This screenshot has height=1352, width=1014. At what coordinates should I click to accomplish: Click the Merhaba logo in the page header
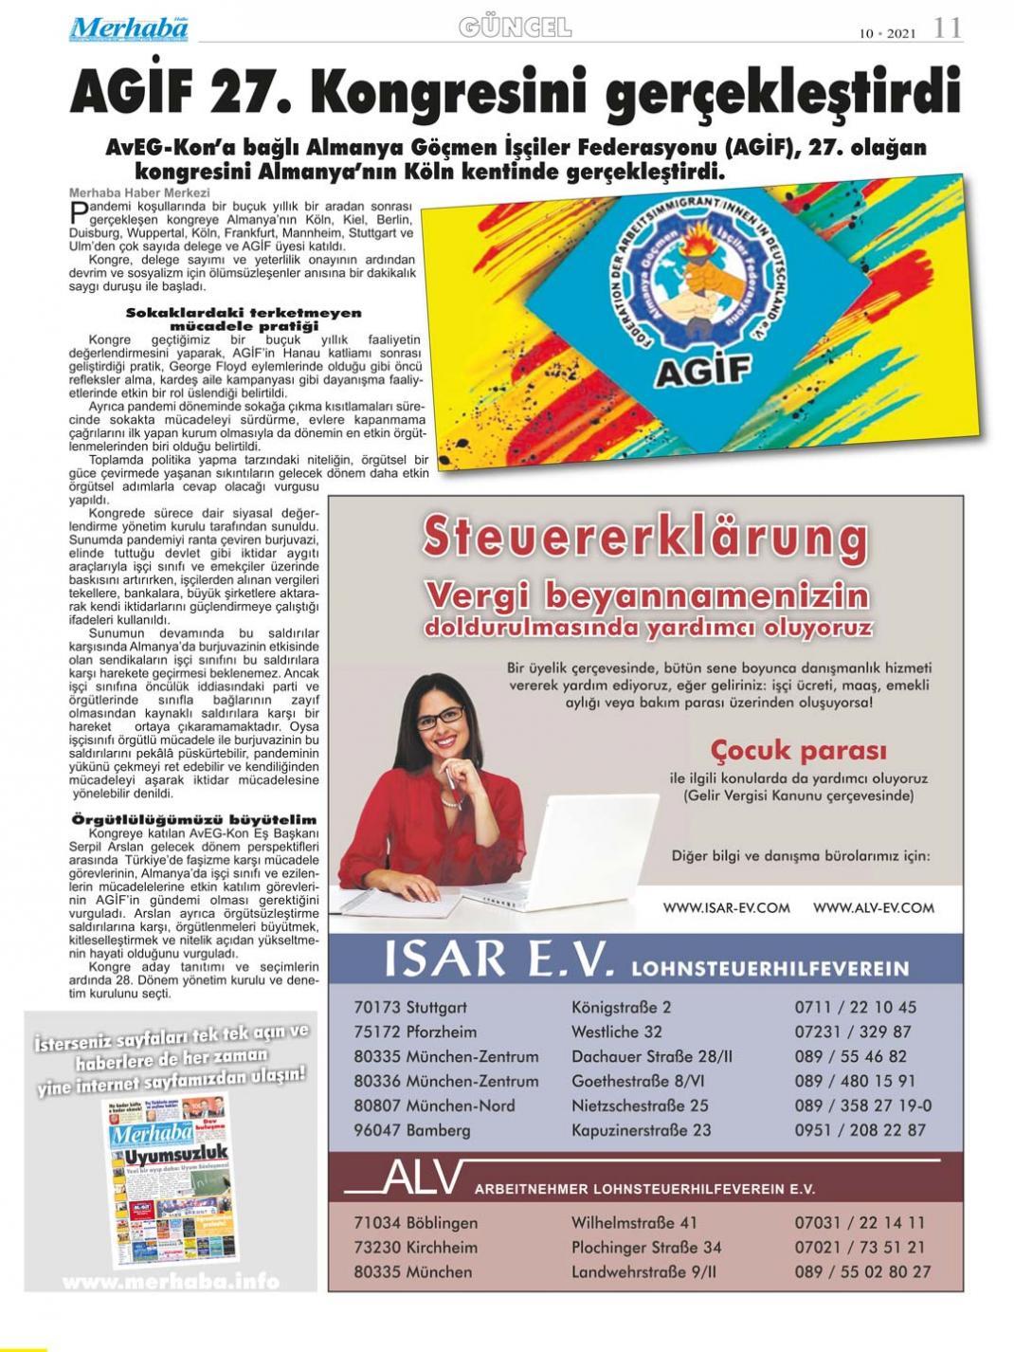coord(128,28)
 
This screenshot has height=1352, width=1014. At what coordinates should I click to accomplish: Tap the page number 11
coord(947,28)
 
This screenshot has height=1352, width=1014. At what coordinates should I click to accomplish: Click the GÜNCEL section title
coord(515,27)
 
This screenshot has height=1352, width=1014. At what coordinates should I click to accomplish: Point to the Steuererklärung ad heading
coord(644,538)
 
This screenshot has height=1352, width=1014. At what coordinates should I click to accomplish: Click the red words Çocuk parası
coord(798,751)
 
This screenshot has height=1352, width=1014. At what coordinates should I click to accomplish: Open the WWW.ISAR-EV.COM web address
coord(726,907)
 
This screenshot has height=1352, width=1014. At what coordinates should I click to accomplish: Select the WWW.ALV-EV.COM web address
coord(873,907)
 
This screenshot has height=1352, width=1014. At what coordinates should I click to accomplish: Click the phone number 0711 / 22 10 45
coord(855,1007)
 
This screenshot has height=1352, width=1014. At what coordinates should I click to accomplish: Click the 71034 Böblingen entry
coord(415,1223)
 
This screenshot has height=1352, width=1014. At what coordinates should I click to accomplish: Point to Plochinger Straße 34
coord(645,1248)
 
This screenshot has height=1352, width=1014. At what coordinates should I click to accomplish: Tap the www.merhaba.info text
coord(171,1282)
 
